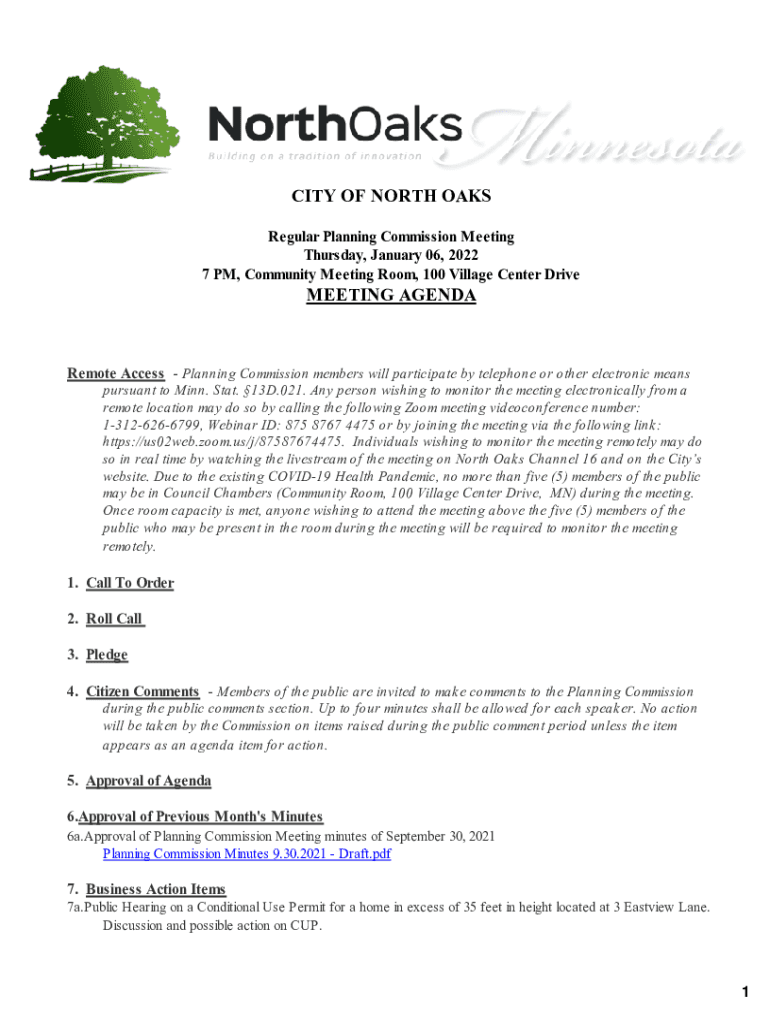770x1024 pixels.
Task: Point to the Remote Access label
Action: coord(115,374)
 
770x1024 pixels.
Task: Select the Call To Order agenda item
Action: coord(130,584)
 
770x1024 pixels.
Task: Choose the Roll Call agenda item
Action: coord(115,619)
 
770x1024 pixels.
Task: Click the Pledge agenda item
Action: coord(107,656)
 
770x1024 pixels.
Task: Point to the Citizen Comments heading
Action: coord(142,692)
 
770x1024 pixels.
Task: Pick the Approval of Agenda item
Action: coord(148,781)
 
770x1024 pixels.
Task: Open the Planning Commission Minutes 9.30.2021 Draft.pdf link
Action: coord(246,854)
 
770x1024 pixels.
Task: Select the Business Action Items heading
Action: coord(155,889)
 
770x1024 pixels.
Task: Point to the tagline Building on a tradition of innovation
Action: coord(315,157)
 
